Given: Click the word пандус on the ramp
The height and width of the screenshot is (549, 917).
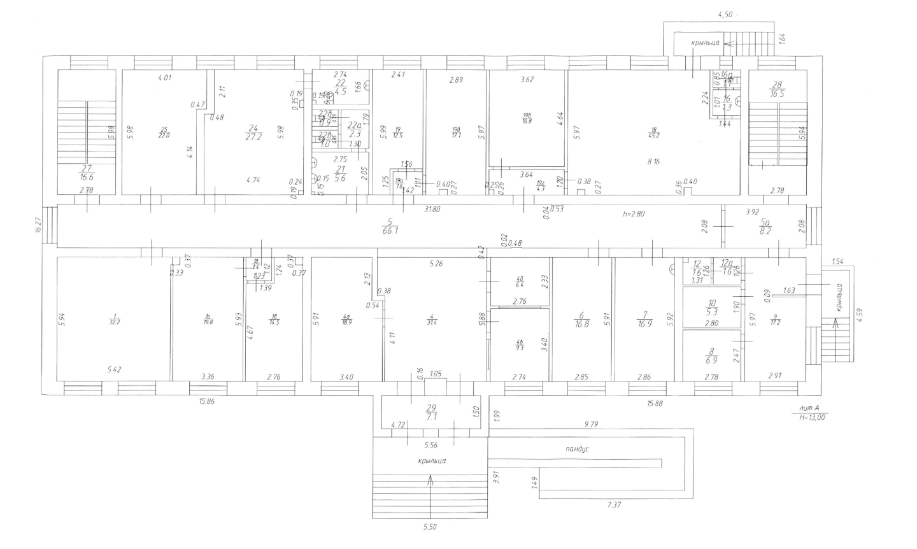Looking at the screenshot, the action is (577, 449).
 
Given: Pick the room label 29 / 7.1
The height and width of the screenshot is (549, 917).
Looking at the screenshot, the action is (432, 412).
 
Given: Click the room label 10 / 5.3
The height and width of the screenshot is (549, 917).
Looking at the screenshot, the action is (712, 308).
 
